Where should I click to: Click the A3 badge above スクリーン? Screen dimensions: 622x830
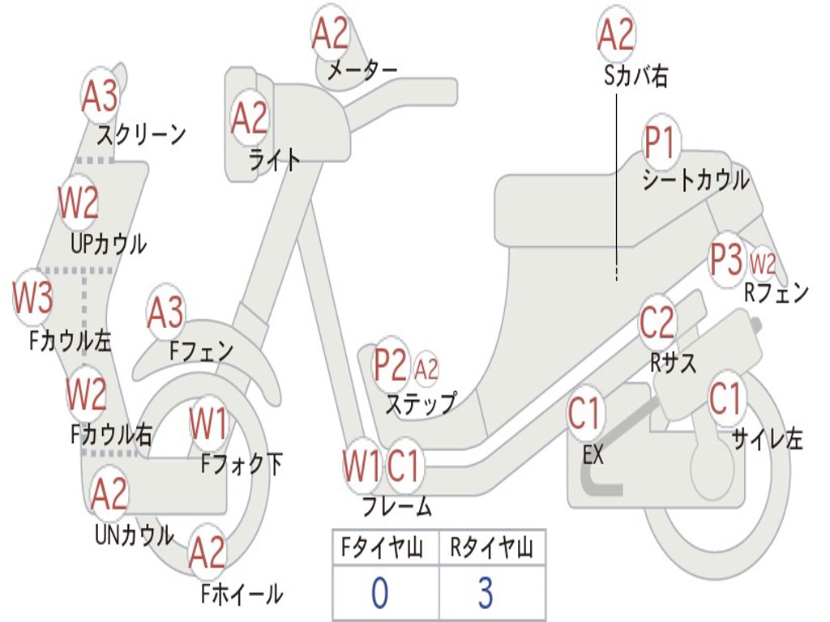[x=100, y=97]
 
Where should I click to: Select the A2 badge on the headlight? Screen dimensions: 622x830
[x=249, y=118]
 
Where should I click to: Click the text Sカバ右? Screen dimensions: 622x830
[x=635, y=77]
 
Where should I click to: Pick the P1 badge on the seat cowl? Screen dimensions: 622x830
[x=661, y=144]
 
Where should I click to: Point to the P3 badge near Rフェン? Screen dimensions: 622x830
[x=726, y=260]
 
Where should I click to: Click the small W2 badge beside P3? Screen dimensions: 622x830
[x=763, y=263]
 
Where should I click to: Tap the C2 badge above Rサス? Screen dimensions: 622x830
[x=657, y=323]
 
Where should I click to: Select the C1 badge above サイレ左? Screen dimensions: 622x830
[x=725, y=398]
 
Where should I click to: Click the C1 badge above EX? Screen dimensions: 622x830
[x=584, y=413]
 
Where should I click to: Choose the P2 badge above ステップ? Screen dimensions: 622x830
[x=391, y=365]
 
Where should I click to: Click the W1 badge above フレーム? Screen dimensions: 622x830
[x=361, y=466]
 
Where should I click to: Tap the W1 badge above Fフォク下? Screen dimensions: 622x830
[x=208, y=423]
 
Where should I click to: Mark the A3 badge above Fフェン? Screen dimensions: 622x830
[x=165, y=313]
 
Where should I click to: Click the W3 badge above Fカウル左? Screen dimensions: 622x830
[x=32, y=298]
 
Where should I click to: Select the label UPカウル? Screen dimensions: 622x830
[x=108, y=244]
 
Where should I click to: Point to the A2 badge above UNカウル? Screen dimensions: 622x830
[x=109, y=495]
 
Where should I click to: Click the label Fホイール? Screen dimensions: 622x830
[x=242, y=595]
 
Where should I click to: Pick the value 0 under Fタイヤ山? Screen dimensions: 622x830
[x=379, y=593]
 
